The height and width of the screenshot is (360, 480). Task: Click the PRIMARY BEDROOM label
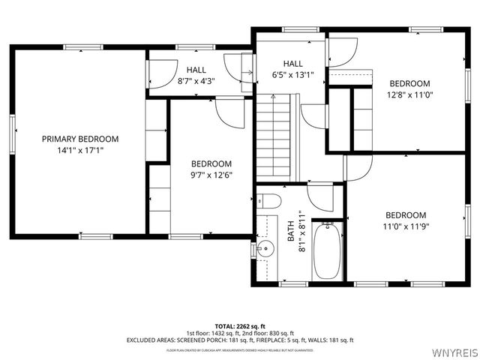(x=79, y=139)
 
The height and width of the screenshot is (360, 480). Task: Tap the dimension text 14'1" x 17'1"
(x=79, y=150)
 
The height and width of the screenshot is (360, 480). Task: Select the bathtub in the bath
(x=328, y=251)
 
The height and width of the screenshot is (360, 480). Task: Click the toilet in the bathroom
(x=267, y=200)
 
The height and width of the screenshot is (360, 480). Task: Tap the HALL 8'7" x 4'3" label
(x=196, y=75)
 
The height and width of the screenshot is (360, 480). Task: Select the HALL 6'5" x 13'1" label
(x=292, y=69)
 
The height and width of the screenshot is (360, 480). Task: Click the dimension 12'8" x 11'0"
(x=409, y=94)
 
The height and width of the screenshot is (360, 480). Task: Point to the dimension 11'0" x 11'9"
(x=406, y=225)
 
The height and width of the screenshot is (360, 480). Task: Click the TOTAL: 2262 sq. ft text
(x=240, y=326)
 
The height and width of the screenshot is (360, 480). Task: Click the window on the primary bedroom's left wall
(x=12, y=134)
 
